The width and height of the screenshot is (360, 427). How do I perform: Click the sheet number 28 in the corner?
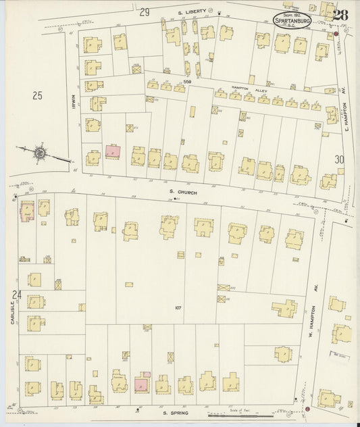pyautogui.click(x=340, y=14)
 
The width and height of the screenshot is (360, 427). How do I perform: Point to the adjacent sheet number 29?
pyautogui.click(x=144, y=12)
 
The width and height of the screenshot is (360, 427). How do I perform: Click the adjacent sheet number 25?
pyautogui.click(x=36, y=96)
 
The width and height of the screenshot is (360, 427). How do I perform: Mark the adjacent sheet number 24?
pyautogui.click(x=17, y=294)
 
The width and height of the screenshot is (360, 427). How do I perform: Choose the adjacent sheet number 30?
pyautogui.click(x=339, y=159)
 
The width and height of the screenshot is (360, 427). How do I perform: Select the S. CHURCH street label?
pyautogui.click(x=182, y=191)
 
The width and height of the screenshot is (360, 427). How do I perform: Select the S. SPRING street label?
pyautogui.click(x=170, y=412)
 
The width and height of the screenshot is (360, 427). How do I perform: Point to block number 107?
pyautogui.click(x=178, y=308)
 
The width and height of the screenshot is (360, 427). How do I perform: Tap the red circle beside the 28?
pyautogui.click(x=336, y=33)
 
